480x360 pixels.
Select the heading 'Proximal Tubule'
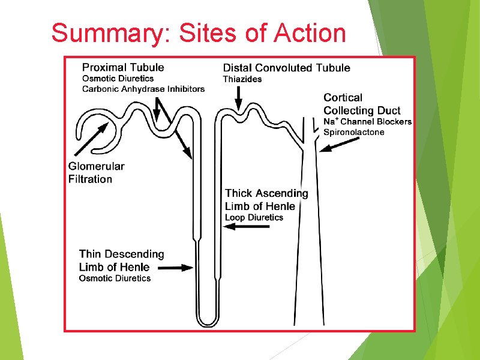pos(123,67)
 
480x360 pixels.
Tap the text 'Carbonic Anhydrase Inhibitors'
pos(143,89)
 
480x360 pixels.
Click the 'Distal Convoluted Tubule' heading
pos(286,68)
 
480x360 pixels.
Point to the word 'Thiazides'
pos(242,79)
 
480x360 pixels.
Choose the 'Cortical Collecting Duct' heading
pos(362,104)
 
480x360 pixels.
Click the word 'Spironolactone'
pos(354,132)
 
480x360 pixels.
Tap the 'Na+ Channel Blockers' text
pos(367,122)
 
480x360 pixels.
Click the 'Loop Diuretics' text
pos(254,217)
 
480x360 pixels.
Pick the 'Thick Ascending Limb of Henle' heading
pos(266,199)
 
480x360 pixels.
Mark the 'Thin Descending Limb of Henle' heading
pos(121,260)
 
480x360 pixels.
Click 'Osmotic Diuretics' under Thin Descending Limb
pos(115,278)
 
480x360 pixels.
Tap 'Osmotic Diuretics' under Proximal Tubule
pos(118,78)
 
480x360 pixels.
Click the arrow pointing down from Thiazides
pos(239,98)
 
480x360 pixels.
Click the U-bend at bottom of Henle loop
pos(208,321)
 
